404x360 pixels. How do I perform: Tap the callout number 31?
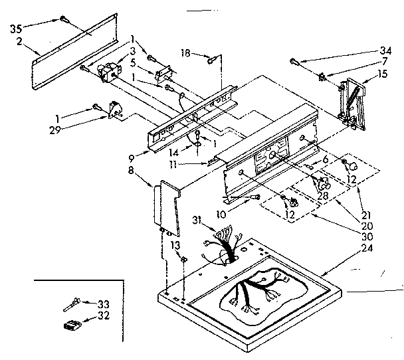[197, 221]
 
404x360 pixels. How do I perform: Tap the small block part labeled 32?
[72, 325]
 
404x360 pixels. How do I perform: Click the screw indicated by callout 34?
[294, 62]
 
